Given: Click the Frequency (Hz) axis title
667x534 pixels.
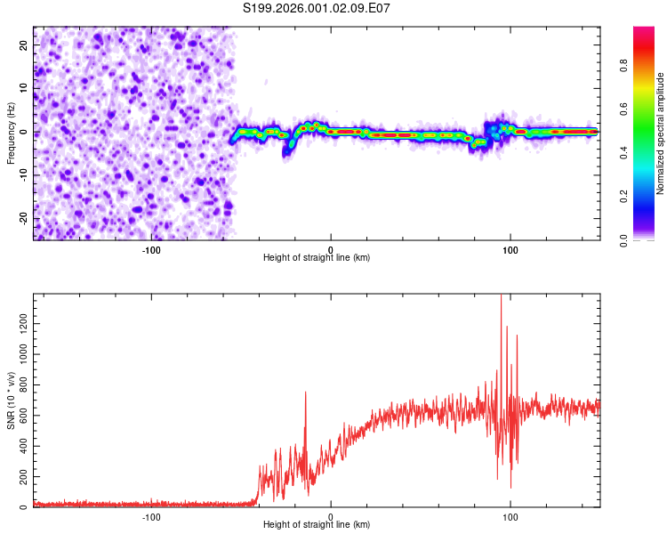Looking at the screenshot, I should [11, 133].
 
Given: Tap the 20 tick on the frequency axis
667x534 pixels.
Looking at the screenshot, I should [24, 44].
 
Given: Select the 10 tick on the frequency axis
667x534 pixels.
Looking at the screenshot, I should [24, 88].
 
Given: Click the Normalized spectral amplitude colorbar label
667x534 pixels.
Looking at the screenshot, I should [661, 133].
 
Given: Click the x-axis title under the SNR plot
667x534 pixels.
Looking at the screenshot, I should [317, 525].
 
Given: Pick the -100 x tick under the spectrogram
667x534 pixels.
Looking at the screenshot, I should [150, 249].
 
